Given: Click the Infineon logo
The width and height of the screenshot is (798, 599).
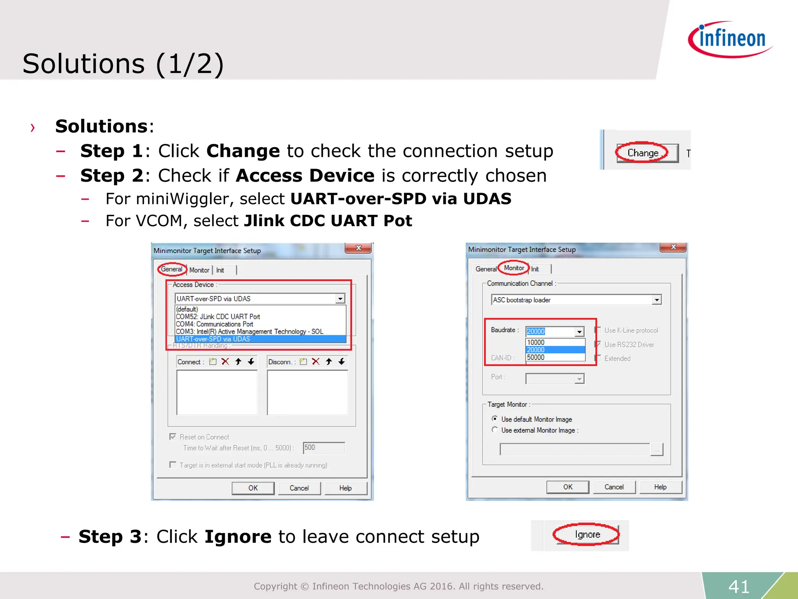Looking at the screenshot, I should pyautogui.click(x=731, y=39).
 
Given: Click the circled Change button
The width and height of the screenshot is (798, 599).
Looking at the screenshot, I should pyautogui.click(x=643, y=153).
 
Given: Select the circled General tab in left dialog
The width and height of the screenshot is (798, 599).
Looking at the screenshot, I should pyautogui.click(x=171, y=269).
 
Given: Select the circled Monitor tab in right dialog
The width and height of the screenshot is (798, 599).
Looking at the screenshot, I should pyautogui.click(x=514, y=268).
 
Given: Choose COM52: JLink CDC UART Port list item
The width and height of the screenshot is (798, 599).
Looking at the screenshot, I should pyautogui.click(x=218, y=317).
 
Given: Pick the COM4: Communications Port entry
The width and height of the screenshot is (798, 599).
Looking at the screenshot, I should pyautogui.click(x=215, y=324).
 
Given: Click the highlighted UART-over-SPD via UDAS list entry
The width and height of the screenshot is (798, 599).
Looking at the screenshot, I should pyautogui.click(x=213, y=339).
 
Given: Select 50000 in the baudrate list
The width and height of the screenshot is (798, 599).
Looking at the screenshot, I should pyautogui.click(x=536, y=357).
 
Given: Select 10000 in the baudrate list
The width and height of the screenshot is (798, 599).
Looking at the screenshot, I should pyautogui.click(x=536, y=342).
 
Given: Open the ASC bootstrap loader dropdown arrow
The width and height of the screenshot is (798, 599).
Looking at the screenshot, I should pyautogui.click(x=657, y=300).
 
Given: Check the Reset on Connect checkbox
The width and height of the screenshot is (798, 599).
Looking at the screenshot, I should pyautogui.click(x=173, y=437).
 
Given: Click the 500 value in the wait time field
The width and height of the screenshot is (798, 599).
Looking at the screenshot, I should pyautogui.click(x=310, y=448).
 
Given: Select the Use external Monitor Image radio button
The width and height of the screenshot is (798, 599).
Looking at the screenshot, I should pyautogui.click(x=495, y=430).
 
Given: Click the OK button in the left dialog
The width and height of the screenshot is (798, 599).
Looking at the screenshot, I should pyautogui.click(x=253, y=488).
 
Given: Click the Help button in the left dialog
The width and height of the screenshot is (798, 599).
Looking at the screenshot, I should pyautogui.click(x=345, y=488).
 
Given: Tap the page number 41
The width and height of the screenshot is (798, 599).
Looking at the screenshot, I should pyautogui.click(x=739, y=587).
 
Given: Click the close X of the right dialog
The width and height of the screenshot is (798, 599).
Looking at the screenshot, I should pyautogui.click(x=673, y=247).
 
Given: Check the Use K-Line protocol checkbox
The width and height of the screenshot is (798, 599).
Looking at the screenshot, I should pyautogui.click(x=598, y=330).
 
